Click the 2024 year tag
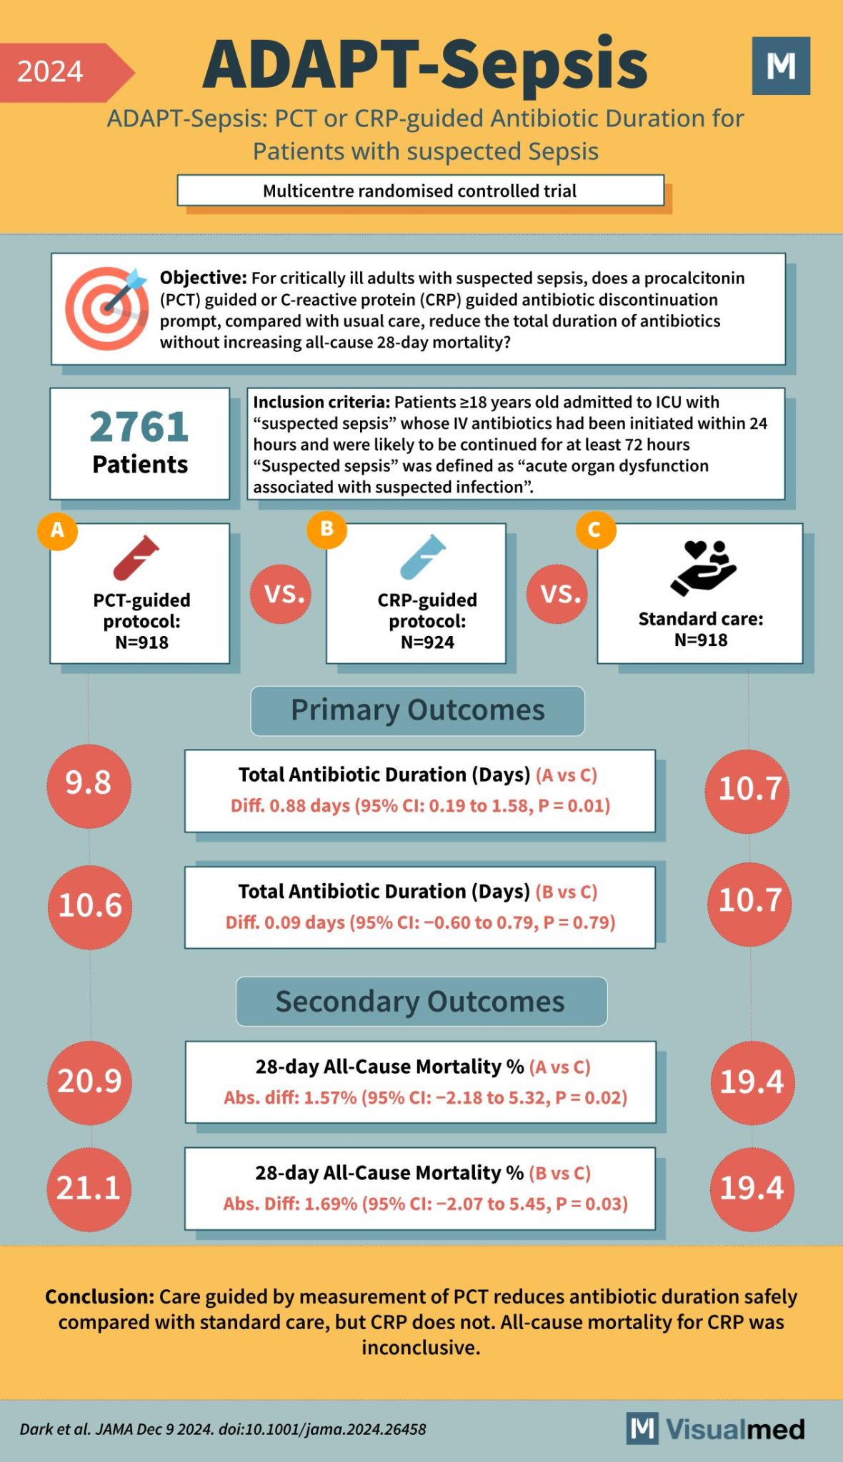tap(57, 72)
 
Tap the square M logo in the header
tap(781, 66)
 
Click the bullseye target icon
tap(106, 308)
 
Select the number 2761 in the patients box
tap(139, 427)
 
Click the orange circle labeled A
tap(57, 530)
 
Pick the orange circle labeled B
tap(326, 529)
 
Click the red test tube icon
tap(136, 558)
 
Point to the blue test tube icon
tap(423, 557)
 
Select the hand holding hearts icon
tap(703, 568)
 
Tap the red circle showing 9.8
tap(89, 785)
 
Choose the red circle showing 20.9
tap(90, 1082)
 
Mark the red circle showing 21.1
tap(89, 1189)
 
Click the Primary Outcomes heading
tap(417, 711)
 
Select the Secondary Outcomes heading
tap(421, 1002)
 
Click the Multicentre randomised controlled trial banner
tap(420, 191)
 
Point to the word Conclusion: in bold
tap(99, 1296)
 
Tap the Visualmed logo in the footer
tap(716, 1429)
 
